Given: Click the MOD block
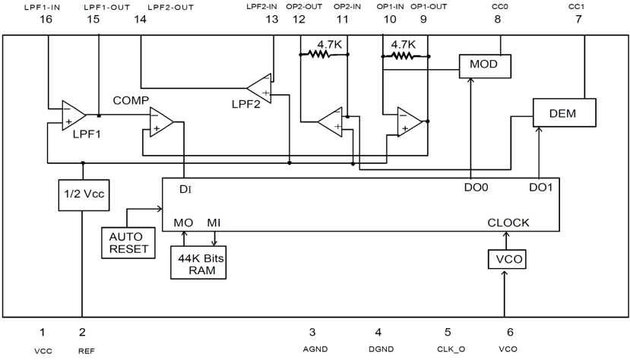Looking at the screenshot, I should point(483,65).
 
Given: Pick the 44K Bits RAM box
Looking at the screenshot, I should point(197,263).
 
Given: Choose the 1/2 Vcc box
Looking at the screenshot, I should point(83,194).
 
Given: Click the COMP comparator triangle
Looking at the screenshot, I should point(160,122).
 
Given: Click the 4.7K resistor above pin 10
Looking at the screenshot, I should point(404,55).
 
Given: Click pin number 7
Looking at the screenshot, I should point(578,20).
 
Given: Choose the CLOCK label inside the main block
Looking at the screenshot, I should point(508,223).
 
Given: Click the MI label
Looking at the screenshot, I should point(215,223).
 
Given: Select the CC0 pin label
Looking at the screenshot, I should point(499,7).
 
